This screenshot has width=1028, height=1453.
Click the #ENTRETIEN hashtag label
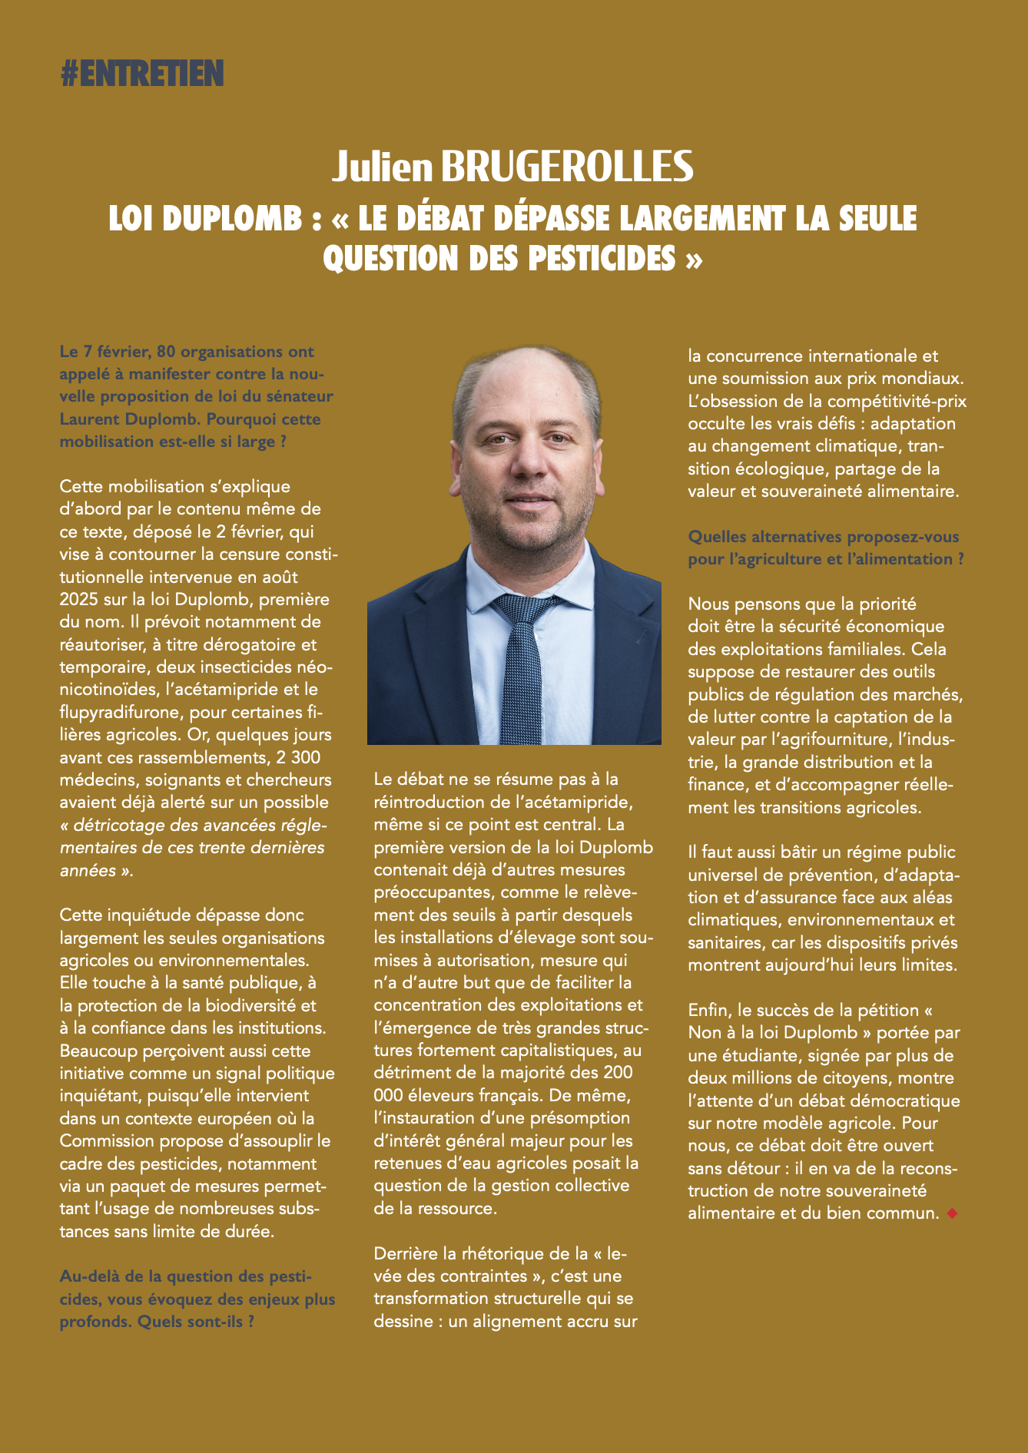[142, 74]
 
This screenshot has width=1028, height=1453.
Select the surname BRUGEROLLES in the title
[568, 167]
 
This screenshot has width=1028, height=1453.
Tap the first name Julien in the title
[383, 167]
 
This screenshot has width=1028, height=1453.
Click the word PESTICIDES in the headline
[602, 258]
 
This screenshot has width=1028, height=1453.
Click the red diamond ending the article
[953, 1213]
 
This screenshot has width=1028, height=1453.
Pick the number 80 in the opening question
[166, 352]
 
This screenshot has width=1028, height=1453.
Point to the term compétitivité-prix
[897, 401]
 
